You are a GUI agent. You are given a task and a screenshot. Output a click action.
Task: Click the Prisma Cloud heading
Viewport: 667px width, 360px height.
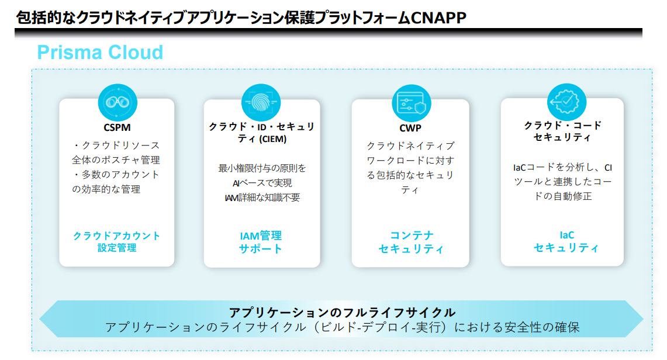coord(100,52)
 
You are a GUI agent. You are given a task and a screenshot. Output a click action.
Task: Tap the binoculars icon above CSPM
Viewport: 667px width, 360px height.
coord(117,102)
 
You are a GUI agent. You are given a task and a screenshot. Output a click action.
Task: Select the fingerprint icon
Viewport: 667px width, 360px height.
coord(261,102)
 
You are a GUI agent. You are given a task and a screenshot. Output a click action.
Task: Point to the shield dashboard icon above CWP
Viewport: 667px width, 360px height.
coord(411,103)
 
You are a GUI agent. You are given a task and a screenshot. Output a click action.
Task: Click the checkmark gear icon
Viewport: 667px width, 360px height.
coord(566,102)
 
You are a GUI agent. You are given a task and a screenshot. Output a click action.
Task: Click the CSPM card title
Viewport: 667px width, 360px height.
coord(117,127)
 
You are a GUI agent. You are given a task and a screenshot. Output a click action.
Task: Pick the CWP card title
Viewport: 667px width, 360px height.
coord(410,128)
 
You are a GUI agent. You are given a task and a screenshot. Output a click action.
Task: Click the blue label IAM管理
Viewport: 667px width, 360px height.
coord(261,236)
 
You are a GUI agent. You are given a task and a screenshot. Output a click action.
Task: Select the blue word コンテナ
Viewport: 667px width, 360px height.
coord(412,235)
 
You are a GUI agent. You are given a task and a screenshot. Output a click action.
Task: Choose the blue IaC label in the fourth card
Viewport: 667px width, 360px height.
coord(566,235)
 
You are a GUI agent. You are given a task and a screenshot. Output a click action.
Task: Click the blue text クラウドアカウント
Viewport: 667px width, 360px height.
coord(116,236)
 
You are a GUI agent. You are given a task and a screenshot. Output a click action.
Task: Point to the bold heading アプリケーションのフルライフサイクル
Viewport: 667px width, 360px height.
coord(343,313)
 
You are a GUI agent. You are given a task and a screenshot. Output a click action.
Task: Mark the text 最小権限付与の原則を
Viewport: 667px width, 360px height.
coord(262,168)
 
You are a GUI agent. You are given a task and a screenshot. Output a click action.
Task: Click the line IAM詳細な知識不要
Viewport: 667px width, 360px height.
coord(262,198)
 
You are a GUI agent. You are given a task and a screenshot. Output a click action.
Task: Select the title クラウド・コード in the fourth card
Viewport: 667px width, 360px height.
coord(562,126)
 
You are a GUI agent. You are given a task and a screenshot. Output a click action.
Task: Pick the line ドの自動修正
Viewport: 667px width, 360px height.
coord(562,196)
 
